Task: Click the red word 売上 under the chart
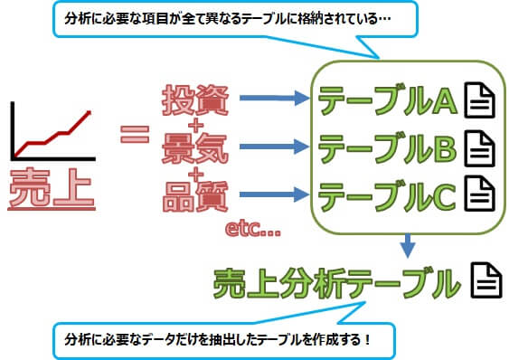pyautogui.click(x=52, y=191)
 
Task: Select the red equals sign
pyautogui.click(x=135, y=140)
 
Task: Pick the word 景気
pyautogui.click(x=194, y=147)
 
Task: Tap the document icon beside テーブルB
pyautogui.click(x=478, y=147)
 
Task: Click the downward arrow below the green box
pyautogui.click(x=408, y=244)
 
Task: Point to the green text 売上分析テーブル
pyautogui.click(x=335, y=282)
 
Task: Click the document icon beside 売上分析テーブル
pyautogui.click(x=486, y=282)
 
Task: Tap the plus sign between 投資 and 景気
pyautogui.click(x=194, y=125)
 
